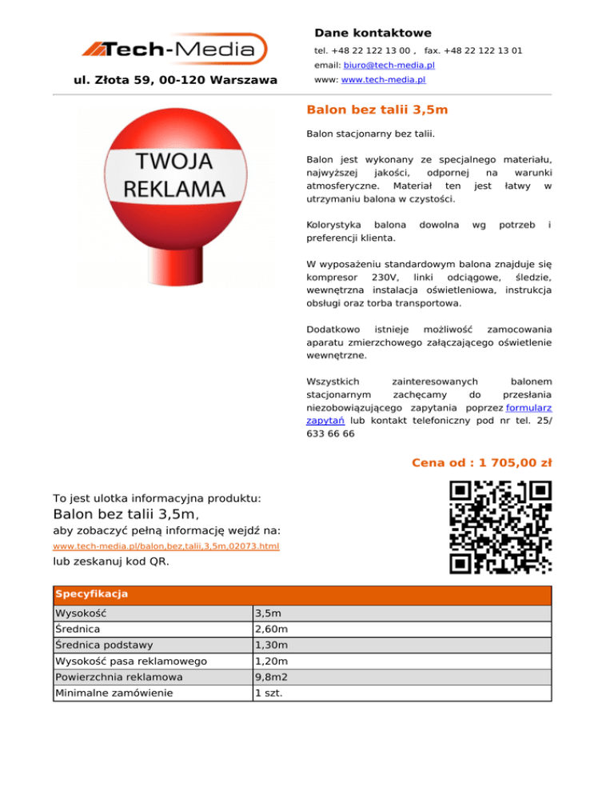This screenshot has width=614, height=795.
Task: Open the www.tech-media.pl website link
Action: click(x=383, y=80)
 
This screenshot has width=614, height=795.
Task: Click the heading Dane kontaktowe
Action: click(x=373, y=33)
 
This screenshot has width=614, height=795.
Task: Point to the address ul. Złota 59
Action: click(x=175, y=80)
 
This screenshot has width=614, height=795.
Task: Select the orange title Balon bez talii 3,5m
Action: click(x=377, y=109)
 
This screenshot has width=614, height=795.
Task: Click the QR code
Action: click(x=500, y=527)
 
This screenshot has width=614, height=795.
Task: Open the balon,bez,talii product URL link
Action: click(x=165, y=546)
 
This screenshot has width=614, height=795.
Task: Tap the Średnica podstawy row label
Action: click(x=101, y=645)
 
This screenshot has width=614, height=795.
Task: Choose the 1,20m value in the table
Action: click(x=270, y=661)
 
